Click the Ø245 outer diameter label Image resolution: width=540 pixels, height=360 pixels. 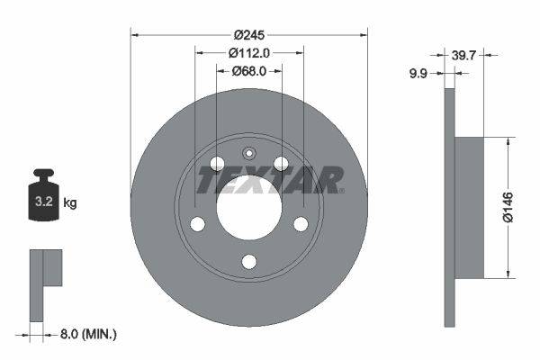tap(248, 35)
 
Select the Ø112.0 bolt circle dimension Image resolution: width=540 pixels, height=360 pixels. tap(248, 52)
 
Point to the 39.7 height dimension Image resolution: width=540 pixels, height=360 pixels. tap(464, 56)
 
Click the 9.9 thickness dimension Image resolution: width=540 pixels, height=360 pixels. tap(418, 75)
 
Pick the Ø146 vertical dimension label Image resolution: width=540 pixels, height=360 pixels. tap(509, 207)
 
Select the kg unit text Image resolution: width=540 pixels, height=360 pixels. tap(70, 202)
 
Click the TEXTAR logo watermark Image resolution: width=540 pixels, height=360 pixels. tap(270, 180)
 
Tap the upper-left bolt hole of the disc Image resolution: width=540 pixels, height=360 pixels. tap(217, 163)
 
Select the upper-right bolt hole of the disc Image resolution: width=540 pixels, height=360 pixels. tap(281, 163)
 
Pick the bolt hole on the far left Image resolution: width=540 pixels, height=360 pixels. tap(198, 223)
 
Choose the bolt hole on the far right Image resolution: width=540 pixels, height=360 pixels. tap(301, 223)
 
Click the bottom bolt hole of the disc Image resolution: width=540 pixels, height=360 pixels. tap(249, 261)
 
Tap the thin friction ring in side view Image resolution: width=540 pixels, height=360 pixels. tap(450, 207)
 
